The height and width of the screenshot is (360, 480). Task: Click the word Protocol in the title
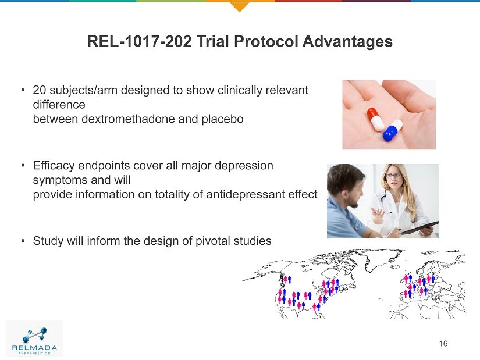tap(266, 41)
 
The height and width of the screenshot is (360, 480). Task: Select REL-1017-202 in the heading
tap(140, 41)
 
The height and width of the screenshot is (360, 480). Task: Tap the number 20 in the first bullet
tap(40, 90)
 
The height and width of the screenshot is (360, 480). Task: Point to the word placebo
tap(223, 119)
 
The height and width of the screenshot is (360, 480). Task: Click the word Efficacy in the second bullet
tap(54, 166)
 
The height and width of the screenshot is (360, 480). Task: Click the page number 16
tap(443, 344)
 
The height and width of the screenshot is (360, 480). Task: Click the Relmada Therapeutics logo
tap(34, 338)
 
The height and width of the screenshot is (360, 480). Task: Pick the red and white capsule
tap(376, 119)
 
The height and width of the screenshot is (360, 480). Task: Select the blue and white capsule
tap(393, 131)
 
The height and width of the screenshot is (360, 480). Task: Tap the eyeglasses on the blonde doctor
tap(394, 176)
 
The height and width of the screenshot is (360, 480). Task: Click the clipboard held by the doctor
tap(419, 228)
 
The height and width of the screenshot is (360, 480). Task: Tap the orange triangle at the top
tap(239, 7)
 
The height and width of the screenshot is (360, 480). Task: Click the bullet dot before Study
tap(23, 241)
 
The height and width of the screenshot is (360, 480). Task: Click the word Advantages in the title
tap(347, 41)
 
